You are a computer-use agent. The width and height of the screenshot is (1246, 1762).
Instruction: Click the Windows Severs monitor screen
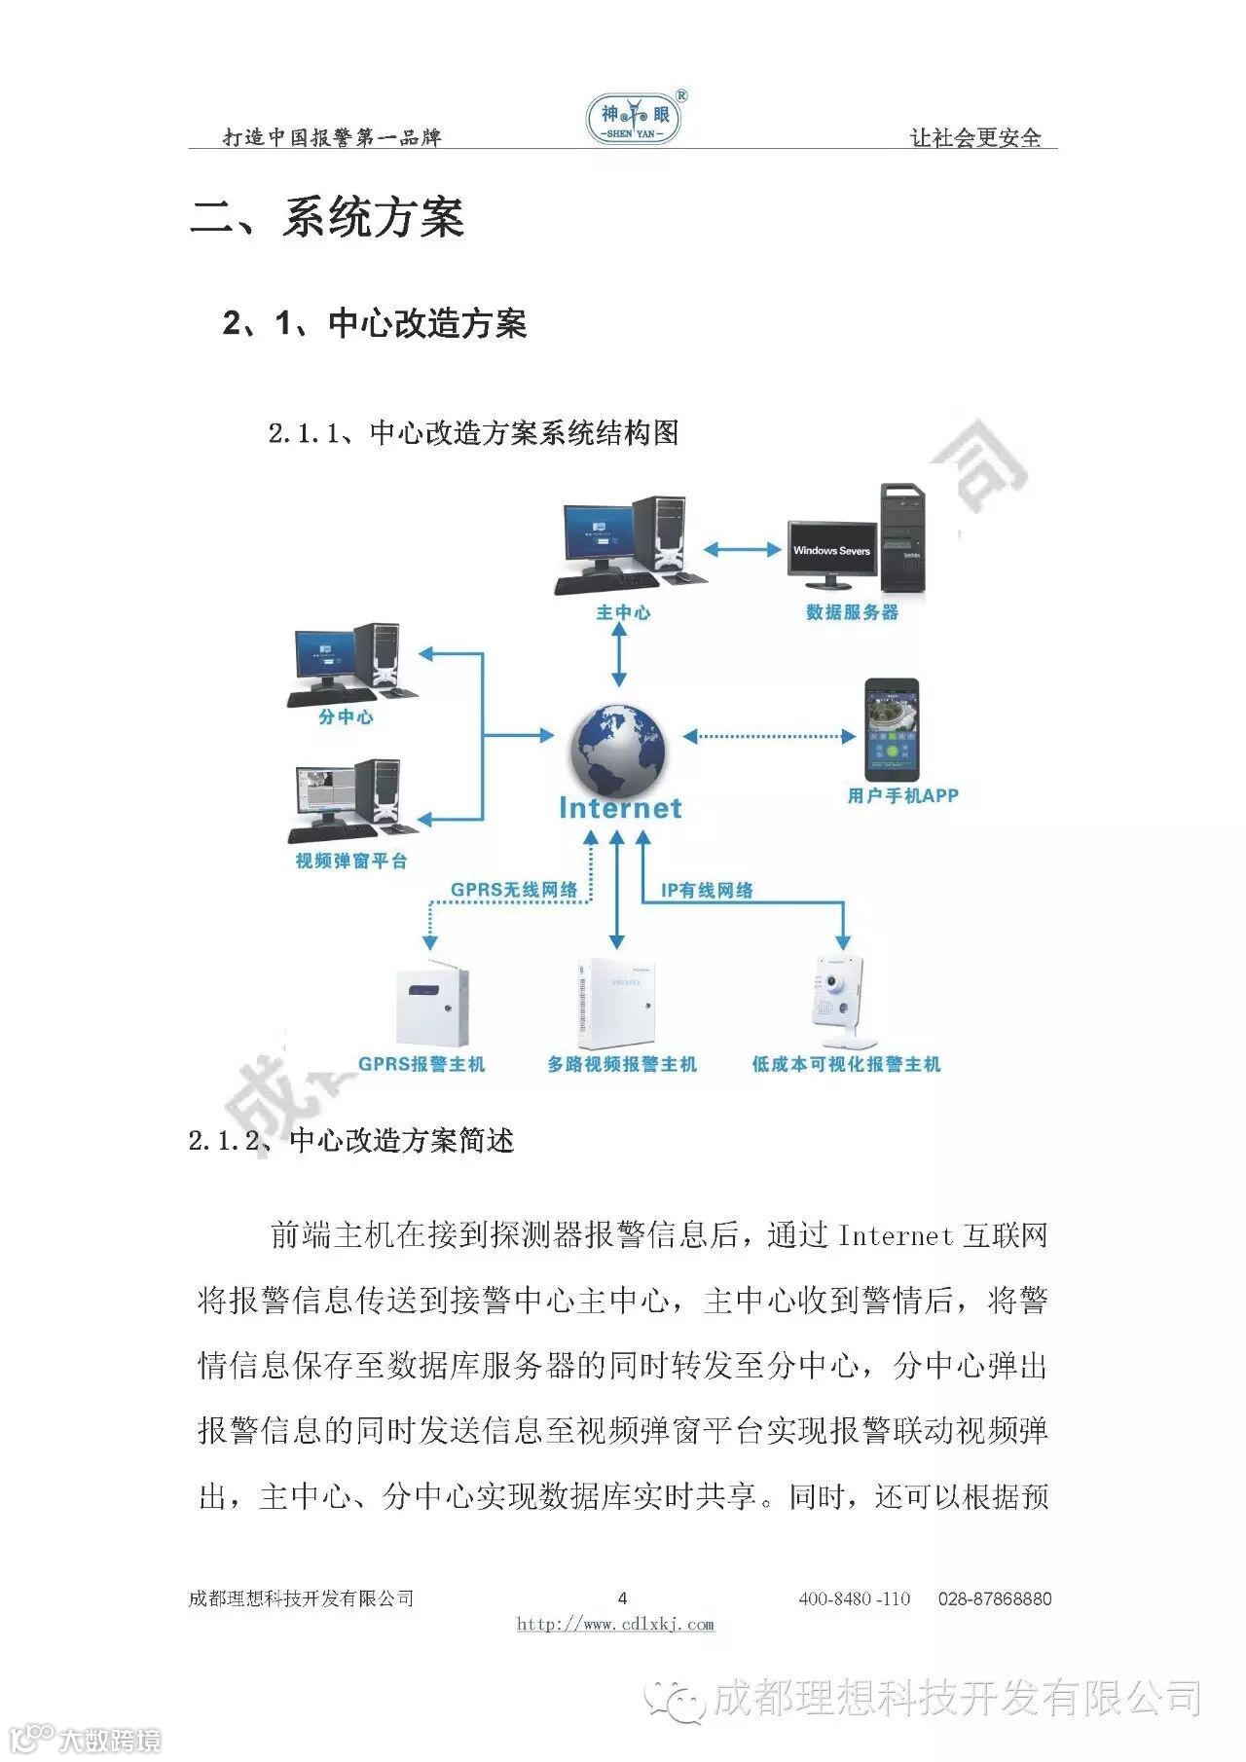point(831,551)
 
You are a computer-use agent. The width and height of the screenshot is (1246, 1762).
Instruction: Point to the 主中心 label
point(623,612)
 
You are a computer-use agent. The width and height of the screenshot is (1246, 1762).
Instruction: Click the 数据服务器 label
point(852,612)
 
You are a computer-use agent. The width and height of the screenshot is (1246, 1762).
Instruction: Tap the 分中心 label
point(346,717)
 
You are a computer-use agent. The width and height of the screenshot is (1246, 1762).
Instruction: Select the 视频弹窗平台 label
point(351,861)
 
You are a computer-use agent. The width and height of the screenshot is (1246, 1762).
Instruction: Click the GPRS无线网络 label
point(514,890)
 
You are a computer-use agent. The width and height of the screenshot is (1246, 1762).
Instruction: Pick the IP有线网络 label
point(707,890)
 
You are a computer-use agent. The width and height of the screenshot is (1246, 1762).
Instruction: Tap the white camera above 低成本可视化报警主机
point(838,993)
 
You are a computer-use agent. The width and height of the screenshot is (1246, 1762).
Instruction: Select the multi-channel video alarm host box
point(616,1003)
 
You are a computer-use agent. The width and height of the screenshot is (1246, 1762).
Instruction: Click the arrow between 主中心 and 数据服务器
point(743,550)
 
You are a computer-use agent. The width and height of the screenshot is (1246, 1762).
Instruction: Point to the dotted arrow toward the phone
point(769,736)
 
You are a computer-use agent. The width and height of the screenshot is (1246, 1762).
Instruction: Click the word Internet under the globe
point(620,808)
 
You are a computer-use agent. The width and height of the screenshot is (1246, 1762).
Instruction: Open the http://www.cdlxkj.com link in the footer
point(615,1624)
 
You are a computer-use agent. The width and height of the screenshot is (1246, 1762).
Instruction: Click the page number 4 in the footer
point(623,1597)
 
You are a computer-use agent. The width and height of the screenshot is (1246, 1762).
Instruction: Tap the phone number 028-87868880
point(994,1598)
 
